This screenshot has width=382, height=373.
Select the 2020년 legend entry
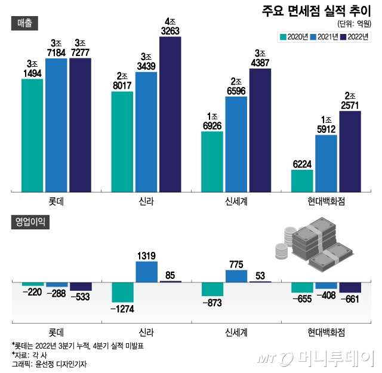pyautogui.click(x=294, y=37)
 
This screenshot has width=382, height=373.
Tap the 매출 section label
pyautogui.click(x=25, y=22)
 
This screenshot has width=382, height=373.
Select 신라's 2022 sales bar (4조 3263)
pyautogui.click(x=170, y=113)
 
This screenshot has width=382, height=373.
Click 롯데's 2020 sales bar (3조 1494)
pyautogui.click(x=32, y=135)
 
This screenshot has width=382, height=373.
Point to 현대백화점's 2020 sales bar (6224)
pyautogui.click(x=302, y=181)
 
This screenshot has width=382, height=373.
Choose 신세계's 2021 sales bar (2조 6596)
pyautogui.click(x=236, y=144)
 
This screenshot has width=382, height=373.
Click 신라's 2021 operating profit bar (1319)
pyautogui.click(x=146, y=272)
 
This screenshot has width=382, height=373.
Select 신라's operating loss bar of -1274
pyautogui.click(x=122, y=292)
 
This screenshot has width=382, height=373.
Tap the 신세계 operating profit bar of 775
pyautogui.click(x=236, y=276)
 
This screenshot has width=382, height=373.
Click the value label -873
pyautogui.click(x=212, y=303)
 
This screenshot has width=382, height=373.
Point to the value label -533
pyautogui.click(x=81, y=297)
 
